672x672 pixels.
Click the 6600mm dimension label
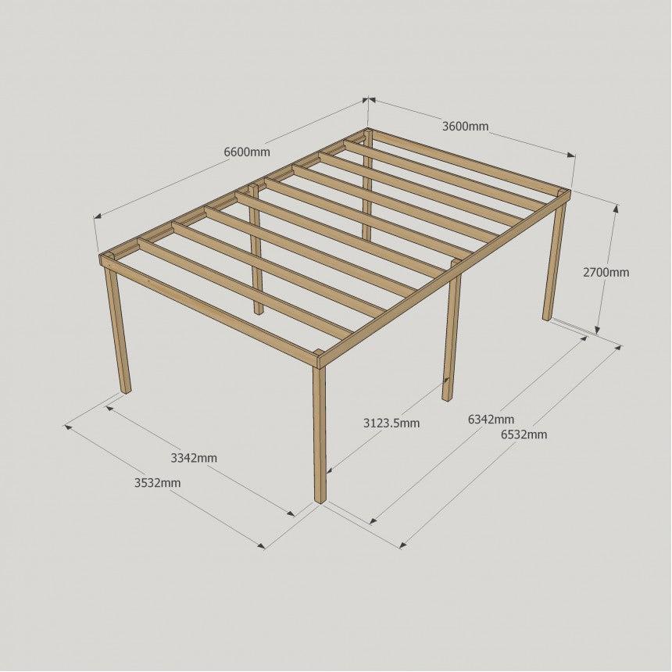[x=247, y=152]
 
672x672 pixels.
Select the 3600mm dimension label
[x=465, y=126]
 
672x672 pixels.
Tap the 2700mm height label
[x=606, y=272]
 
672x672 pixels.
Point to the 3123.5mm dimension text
[x=391, y=423]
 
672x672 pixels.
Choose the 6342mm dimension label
[x=491, y=419]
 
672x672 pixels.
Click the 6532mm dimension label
[x=524, y=434]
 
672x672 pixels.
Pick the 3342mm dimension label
[x=194, y=458]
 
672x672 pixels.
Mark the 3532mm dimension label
[x=157, y=483]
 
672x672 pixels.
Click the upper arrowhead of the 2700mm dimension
[x=616, y=209]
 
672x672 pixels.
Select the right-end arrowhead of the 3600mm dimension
[x=571, y=155]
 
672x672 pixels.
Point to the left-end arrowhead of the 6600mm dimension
[x=98, y=216]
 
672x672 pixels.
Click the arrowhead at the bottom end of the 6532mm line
[x=403, y=545]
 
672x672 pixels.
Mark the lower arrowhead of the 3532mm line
[x=261, y=545]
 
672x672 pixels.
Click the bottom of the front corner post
[x=320, y=499]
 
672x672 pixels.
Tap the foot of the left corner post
[x=126, y=390]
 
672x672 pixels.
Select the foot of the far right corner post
[x=547, y=317]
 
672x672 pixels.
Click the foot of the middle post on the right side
[x=447, y=398]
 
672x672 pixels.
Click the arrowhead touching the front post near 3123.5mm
[x=330, y=470]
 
